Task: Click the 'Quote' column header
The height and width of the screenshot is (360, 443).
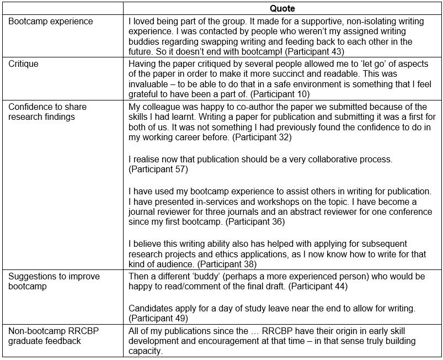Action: point(282,9)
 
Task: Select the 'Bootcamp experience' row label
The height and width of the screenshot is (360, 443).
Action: point(51,22)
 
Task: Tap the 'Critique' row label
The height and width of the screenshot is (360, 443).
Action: point(24,64)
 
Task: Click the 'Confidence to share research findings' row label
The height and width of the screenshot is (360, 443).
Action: point(47,111)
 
